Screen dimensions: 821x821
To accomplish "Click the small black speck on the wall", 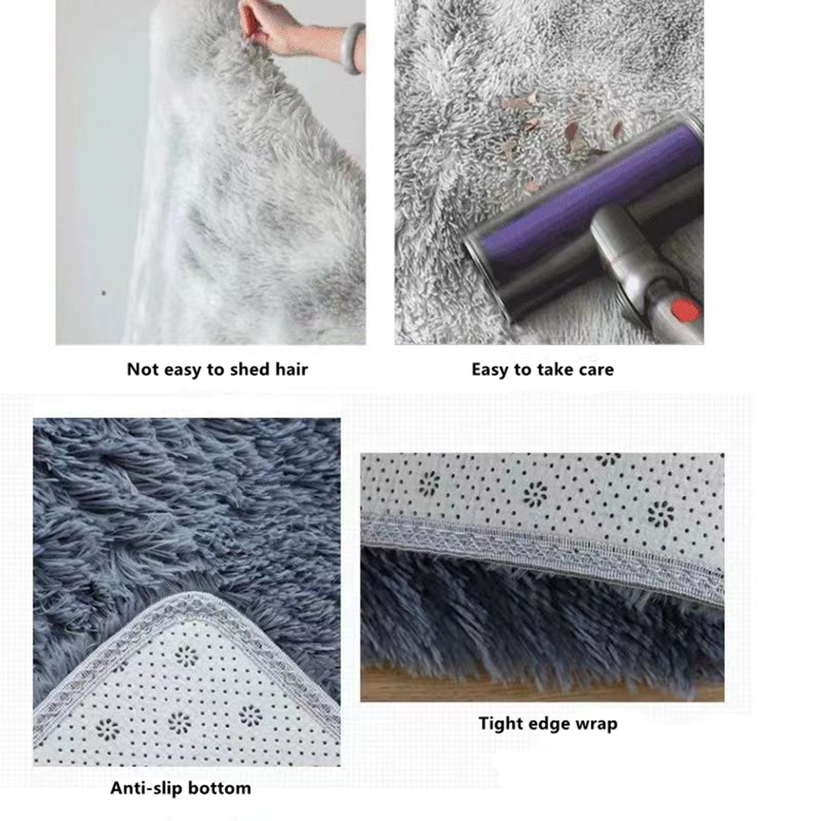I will click(x=104, y=293).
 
